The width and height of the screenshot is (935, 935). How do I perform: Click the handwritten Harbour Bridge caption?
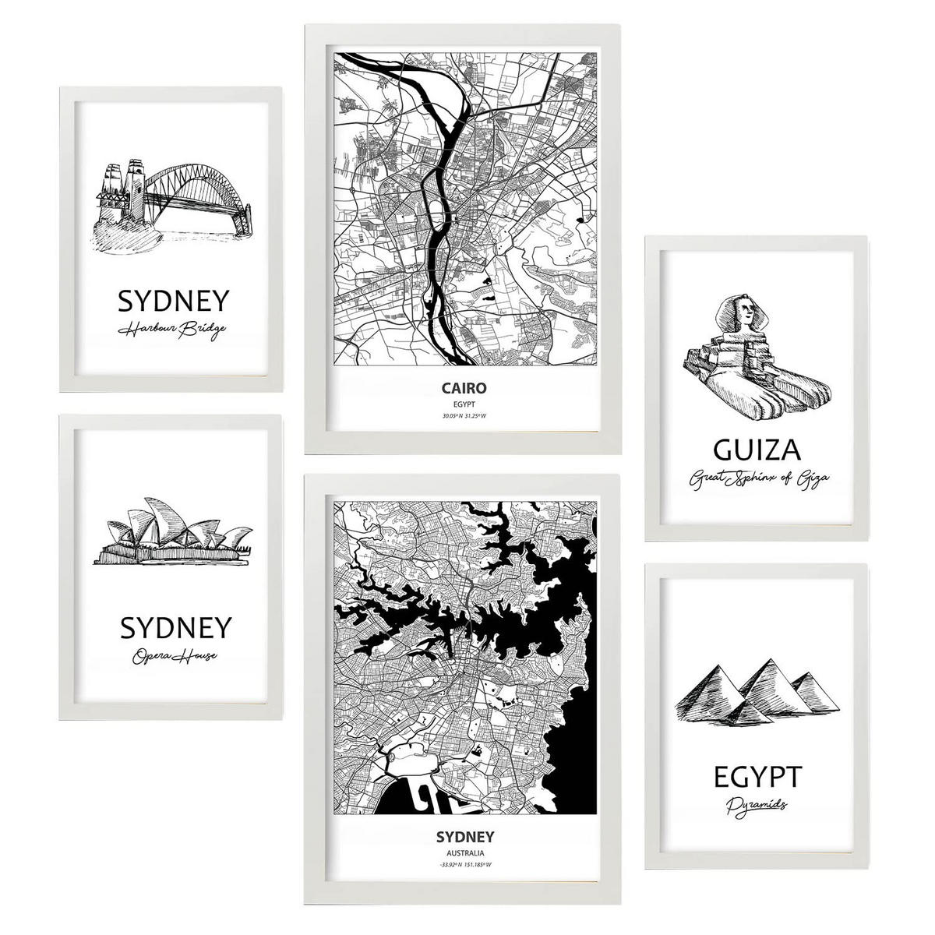pos(173,330)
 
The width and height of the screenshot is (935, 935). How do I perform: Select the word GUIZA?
pos(756,450)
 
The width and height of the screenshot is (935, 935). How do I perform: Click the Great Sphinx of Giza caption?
pos(755,478)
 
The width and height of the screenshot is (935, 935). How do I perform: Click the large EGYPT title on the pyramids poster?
pos(756,776)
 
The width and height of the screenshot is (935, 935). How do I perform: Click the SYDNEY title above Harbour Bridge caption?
pos(173,301)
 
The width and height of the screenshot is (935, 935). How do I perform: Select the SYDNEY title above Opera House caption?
pos(176,627)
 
